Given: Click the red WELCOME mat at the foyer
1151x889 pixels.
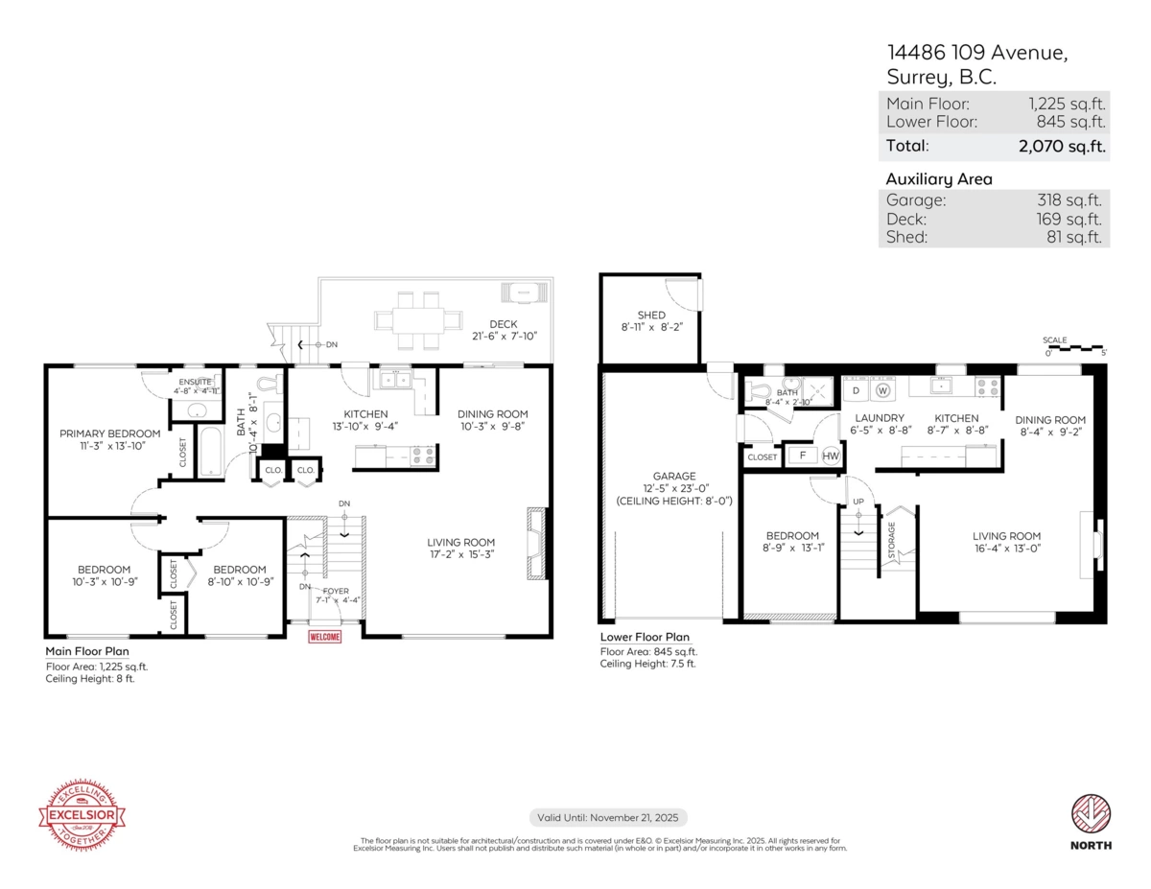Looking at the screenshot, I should tap(324, 636).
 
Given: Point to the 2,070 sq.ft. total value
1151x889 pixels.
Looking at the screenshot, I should tap(1062, 147).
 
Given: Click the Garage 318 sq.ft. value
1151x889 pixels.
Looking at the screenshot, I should tap(1066, 200).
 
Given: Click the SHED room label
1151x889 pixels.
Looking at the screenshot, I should tap(650, 316).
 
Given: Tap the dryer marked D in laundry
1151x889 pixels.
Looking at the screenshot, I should tap(857, 390).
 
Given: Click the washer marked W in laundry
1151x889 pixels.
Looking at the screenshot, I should tap(882, 390).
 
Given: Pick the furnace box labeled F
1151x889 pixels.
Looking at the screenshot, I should tap(801, 456).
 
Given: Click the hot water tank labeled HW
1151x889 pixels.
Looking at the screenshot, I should tap(830, 456).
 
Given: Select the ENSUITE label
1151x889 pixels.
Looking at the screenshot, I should tap(196, 382).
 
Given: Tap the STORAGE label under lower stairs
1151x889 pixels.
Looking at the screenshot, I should tap(891, 542).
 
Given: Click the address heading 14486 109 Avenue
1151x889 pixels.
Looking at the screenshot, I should tap(975, 54).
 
